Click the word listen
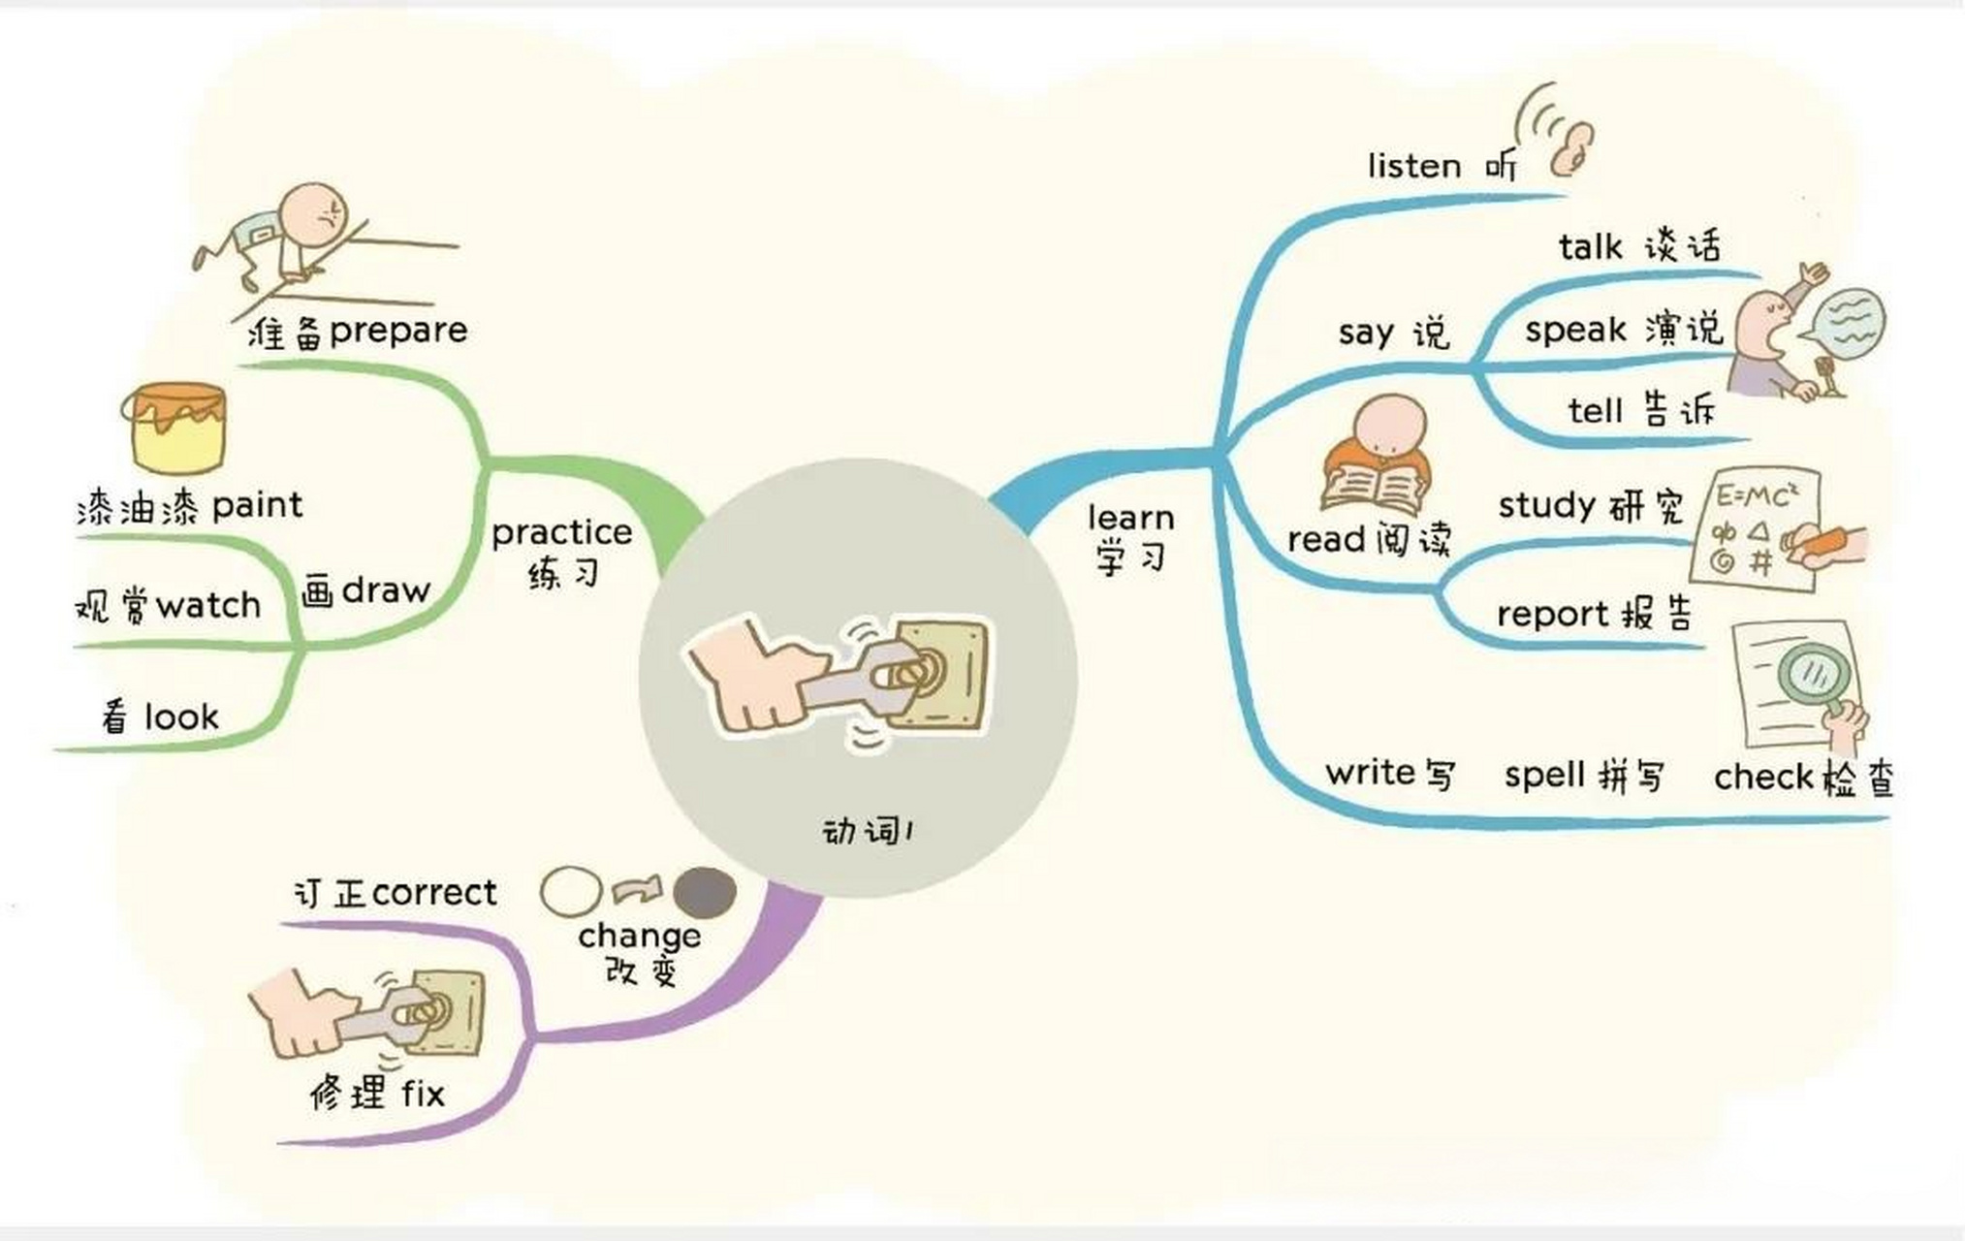[x=1414, y=166]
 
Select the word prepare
[x=398, y=332]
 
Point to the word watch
[x=208, y=606]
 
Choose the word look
[x=181, y=716]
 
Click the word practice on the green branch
[x=561, y=533]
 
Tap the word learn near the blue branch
[x=1130, y=518]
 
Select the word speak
[x=1575, y=330]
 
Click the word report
[x=1553, y=615]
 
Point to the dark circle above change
[x=705, y=892]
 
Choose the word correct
[x=434, y=893]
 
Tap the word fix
[x=424, y=1094]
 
